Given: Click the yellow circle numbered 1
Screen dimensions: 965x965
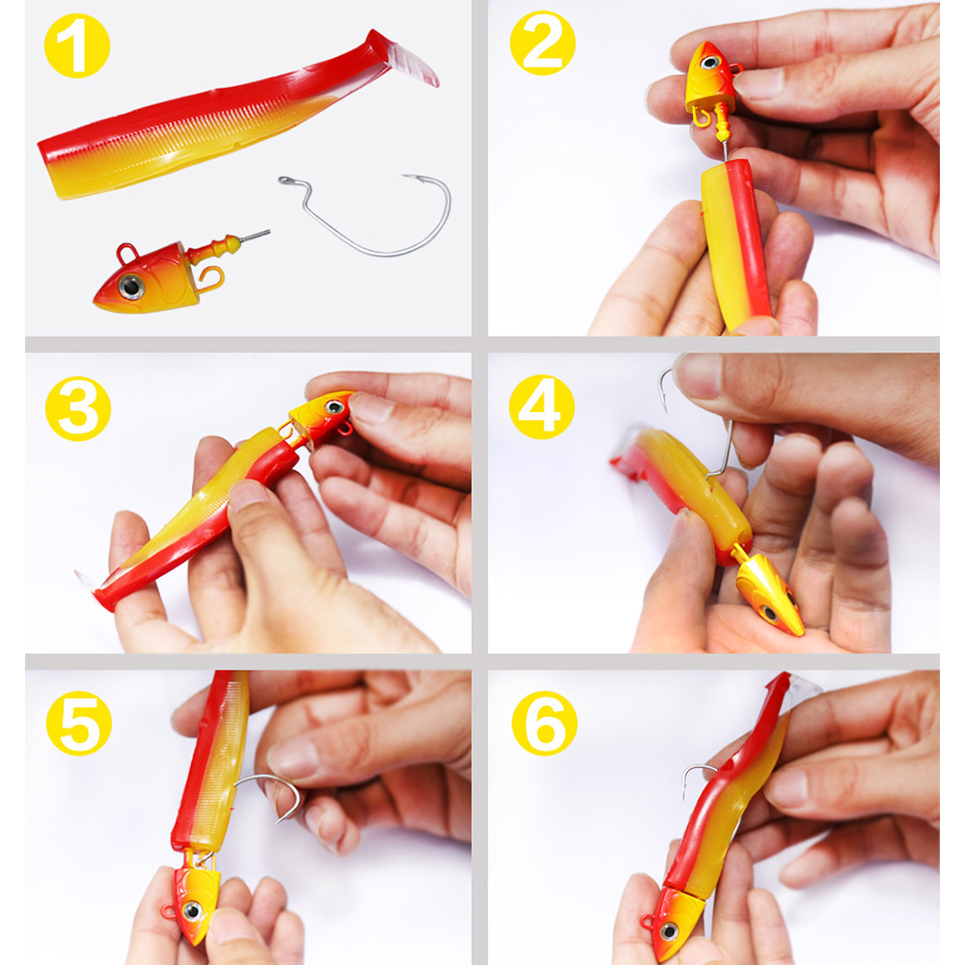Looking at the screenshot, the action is [77, 45].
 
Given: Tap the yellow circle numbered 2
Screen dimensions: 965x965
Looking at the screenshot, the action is [542, 42].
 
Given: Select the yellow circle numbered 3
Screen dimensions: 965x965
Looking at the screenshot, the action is [78, 408].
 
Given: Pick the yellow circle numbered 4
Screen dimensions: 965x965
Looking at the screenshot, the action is [541, 407].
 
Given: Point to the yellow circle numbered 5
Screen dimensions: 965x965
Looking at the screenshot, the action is [79, 723].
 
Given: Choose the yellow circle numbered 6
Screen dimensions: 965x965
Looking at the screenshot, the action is [544, 723].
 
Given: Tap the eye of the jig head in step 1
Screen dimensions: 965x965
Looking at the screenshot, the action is [131, 287].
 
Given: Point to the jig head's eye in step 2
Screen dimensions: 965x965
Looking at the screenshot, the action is [710, 62].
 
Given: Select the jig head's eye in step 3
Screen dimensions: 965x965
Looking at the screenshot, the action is [334, 407].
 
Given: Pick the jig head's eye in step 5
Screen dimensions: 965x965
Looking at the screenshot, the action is [192, 910].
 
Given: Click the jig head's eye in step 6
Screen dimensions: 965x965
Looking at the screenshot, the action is [671, 931].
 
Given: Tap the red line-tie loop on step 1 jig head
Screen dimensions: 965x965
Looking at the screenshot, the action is [126, 253].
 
